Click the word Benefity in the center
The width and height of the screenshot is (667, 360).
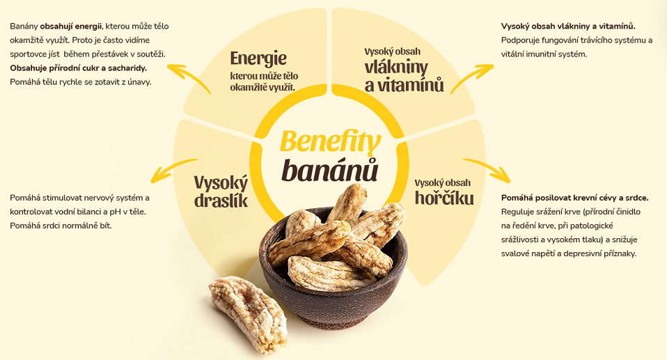(x=330, y=142)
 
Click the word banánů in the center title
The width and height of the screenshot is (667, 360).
(x=330, y=170)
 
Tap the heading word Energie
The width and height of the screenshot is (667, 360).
(x=258, y=58)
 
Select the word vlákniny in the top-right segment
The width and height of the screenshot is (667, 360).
(x=396, y=68)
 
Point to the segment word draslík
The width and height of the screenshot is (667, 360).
(x=221, y=201)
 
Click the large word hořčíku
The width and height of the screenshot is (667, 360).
(x=444, y=198)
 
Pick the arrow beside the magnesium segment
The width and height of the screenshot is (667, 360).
(x=487, y=169)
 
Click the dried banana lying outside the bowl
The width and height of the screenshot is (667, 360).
(x=248, y=314)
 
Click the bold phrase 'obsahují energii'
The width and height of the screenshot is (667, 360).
(x=71, y=26)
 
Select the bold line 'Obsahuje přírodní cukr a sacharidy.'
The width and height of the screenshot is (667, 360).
(x=78, y=68)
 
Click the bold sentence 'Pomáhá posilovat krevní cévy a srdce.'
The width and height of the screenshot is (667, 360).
(x=574, y=198)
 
